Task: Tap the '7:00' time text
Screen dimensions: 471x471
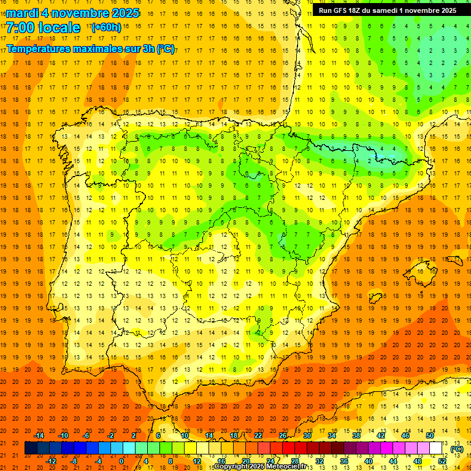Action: coord(21,28)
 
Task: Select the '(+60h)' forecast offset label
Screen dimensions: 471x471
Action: coord(106,28)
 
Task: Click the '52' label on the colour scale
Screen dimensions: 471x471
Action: coord(442,461)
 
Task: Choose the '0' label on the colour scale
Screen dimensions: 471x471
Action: coord(121,461)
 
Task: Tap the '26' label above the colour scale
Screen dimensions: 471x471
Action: coord(283,435)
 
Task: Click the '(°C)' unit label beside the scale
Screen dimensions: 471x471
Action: coord(456,449)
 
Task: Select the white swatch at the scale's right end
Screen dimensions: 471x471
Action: coord(436,448)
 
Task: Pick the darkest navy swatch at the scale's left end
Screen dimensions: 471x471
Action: coord(31,448)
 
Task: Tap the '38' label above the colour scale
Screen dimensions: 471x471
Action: coord(356,435)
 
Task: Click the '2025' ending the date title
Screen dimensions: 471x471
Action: coord(126,13)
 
